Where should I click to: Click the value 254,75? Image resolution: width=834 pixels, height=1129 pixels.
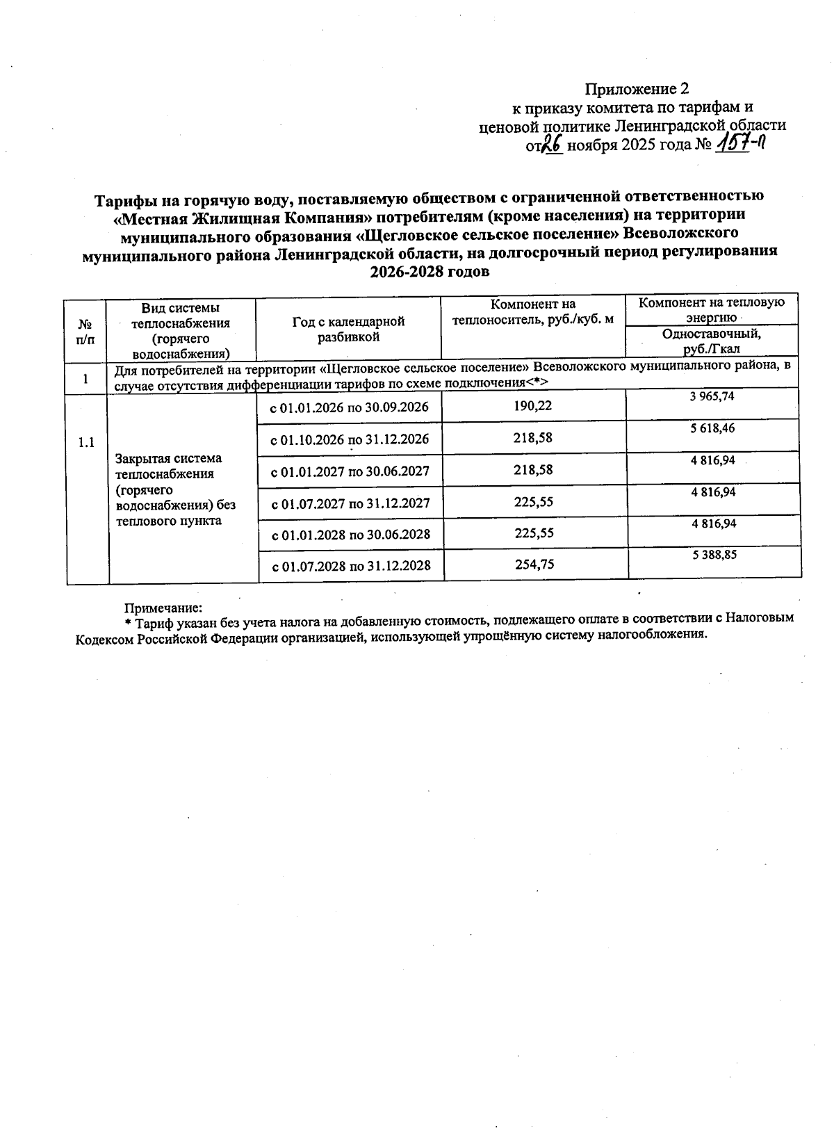click(534, 564)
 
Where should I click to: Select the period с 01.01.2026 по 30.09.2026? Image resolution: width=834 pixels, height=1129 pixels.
click(350, 407)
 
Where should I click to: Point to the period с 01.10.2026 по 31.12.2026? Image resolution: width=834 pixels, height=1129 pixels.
click(350, 439)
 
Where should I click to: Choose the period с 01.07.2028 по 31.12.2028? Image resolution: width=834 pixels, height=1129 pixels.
click(352, 566)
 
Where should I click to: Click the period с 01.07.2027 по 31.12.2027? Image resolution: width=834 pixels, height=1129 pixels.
click(350, 503)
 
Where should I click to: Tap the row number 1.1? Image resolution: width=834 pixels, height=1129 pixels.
click(86, 443)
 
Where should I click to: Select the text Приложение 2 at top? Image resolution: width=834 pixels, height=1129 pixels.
click(637, 89)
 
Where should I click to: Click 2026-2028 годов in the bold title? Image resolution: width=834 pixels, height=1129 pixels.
click(430, 272)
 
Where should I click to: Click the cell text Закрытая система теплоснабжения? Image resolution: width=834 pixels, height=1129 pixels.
click(169, 466)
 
